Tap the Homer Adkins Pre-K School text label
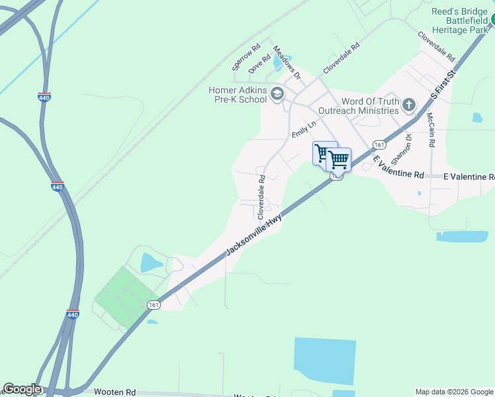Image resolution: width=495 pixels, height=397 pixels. click(x=238, y=95)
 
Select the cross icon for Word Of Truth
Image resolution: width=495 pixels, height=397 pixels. click(x=409, y=105)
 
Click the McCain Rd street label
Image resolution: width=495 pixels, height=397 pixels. click(x=430, y=130)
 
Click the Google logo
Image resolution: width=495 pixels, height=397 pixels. click(x=21, y=389)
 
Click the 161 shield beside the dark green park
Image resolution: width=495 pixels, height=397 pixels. click(x=154, y=304)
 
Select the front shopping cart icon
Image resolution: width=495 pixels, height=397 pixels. click(x=338, y=159)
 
